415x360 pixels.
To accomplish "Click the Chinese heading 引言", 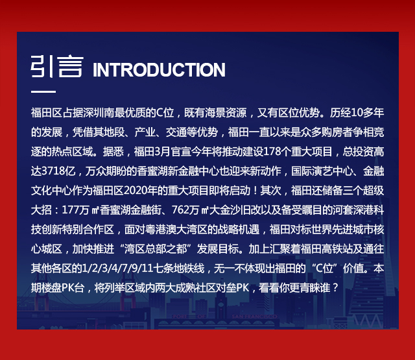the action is [x=57, y=66].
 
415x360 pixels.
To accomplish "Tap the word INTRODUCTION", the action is [x=159, y=70].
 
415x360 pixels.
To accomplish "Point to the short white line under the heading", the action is [x=43, y=91].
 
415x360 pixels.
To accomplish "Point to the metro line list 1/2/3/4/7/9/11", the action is [x=118, y=269].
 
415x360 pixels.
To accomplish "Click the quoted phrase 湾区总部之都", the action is [x=156, y=249].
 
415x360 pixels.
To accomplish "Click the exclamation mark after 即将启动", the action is [x=255, y=191].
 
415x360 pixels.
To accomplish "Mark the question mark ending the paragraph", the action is [x=336, y=288].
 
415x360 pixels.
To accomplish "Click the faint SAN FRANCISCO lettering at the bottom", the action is [x=254, y=317].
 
